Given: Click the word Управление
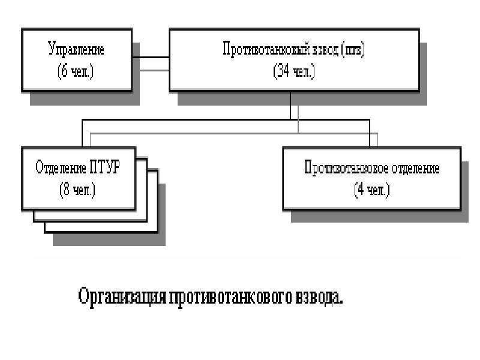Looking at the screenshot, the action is pyautogui.click(x=76, y=49).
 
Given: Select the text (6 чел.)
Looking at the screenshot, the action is pyautogui.click(x=76, y=71).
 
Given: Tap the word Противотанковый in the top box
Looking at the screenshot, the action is pyautogui.click(x=265, y=49).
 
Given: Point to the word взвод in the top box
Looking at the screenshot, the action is pyautogui.click(x=325, y=50).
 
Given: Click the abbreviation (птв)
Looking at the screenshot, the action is pyautogui.click(x=353, y=50).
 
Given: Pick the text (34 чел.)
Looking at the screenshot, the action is pyautogui.click(x=294, y=71).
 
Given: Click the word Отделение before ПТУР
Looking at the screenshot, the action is pyautogui.click(x=61, y=167).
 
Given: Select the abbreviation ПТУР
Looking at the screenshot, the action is pyautogui.click(x=105, y=167).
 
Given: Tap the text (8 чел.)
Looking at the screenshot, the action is pyautogui.click(x=77, y=190).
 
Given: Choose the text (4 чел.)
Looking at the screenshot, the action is pyautogui.click(x=371, y=190).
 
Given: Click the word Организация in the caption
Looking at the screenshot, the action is pyautogui.click(x=122, y=296).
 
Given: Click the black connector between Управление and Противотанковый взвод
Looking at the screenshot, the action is pyautogui.click(x=151, y=57).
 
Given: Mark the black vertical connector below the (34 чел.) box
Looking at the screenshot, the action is pyautogui.click(x=290, y=106).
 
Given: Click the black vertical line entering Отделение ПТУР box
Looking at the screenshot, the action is pyautogui.click(x=82, y=133).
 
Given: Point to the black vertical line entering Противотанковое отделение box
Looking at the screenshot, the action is pyautogui.click(x=370, y=133).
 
